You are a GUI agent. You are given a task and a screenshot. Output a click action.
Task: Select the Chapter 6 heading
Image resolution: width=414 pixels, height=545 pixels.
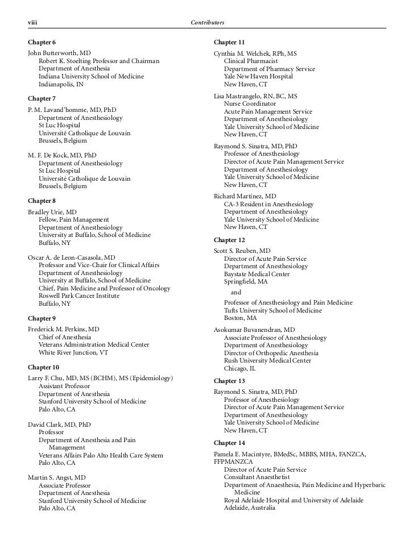coord(42,43)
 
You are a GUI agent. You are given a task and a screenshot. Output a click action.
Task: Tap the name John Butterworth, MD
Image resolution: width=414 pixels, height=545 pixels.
coord(59,52)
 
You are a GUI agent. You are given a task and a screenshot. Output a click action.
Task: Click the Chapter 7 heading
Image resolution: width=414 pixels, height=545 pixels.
coord(42,99)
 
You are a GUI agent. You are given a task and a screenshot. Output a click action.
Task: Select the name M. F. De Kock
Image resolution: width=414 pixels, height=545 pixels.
coord(62,155)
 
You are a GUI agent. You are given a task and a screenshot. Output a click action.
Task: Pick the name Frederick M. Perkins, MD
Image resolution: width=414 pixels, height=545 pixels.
coord(64,328)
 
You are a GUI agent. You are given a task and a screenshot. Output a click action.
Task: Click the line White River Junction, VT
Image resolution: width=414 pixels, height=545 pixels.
coord(73,352)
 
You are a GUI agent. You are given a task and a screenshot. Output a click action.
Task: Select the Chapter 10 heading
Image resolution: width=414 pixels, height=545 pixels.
coord(43,367)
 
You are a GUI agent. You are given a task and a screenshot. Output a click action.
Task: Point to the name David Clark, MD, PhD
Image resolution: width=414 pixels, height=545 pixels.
coord(59,424)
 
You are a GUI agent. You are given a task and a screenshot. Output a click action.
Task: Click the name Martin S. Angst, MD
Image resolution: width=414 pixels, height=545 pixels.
coord(57,477)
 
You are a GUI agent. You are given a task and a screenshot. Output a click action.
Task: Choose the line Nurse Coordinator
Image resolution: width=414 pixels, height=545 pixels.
coord(250,104)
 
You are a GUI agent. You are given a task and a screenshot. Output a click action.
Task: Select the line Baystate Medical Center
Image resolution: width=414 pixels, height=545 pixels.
coord(256,274)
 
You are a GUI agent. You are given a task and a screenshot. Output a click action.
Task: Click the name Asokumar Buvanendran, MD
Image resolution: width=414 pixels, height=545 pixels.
coord(254,329)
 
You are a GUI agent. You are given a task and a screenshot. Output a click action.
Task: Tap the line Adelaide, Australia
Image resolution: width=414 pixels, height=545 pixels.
coord(250,508)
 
